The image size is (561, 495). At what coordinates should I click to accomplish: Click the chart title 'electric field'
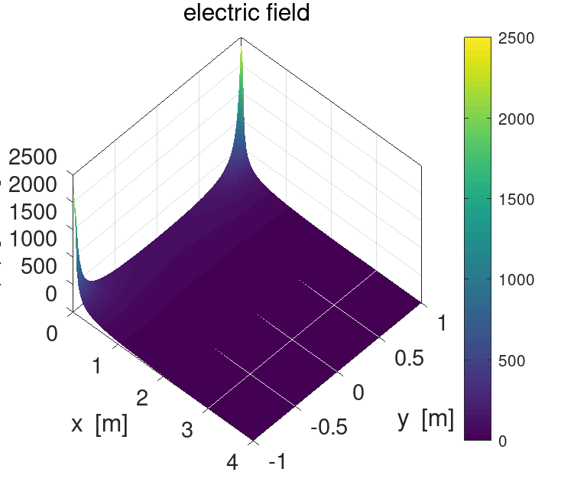click(246, 13)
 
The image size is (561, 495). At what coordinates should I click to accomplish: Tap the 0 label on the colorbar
click(501, 441)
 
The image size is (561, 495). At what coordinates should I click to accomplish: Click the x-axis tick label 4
click(233, 462)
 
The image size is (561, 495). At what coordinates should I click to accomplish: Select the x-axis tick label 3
click(186, 430)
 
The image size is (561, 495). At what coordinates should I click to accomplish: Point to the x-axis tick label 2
click(141, 398)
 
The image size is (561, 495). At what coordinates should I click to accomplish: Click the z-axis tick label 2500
click(32, 158)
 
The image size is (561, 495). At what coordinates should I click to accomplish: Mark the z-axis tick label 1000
click(32, 239)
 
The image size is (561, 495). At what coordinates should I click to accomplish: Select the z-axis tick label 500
click(38, 266)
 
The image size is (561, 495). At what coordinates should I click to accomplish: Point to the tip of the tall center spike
click(242, 50)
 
